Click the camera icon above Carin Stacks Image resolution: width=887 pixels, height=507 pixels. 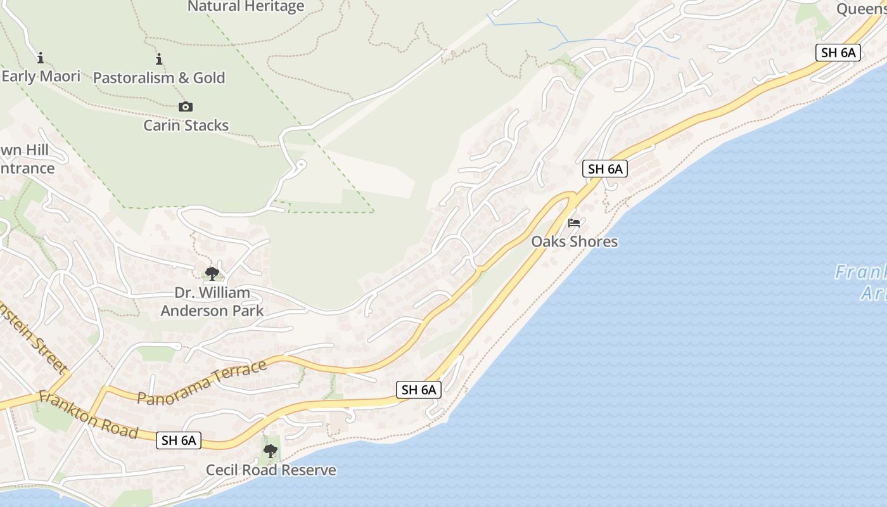point(186,106)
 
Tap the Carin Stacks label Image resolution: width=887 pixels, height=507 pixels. point(186,125)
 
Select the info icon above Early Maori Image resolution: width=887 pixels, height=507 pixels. point(41,58)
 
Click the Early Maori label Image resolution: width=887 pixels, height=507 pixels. point(41,77)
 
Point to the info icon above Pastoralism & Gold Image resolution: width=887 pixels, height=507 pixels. point(158,60)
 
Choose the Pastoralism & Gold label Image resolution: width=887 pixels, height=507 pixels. point(159,78)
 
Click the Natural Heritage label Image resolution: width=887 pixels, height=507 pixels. point(246,7)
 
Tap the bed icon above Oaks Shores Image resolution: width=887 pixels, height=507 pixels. point(574,223)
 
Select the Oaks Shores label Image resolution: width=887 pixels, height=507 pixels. point(574,241)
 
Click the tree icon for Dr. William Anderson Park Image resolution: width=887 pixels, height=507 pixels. point(212,274)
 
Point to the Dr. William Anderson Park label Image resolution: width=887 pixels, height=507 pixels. point(212,302)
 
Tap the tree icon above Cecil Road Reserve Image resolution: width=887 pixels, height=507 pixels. point(271,451)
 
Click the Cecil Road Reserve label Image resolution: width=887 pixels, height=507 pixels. point(271,470)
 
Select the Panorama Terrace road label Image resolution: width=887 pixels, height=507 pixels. point(202,383)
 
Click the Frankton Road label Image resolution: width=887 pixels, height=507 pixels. point(88,414)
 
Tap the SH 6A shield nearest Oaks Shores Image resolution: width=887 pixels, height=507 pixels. point(605,169)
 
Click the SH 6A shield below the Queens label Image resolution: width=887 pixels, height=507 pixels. point(838,53)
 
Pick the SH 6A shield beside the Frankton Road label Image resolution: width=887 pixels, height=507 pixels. point(179,440)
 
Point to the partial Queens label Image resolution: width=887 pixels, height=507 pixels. point(860,9)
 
